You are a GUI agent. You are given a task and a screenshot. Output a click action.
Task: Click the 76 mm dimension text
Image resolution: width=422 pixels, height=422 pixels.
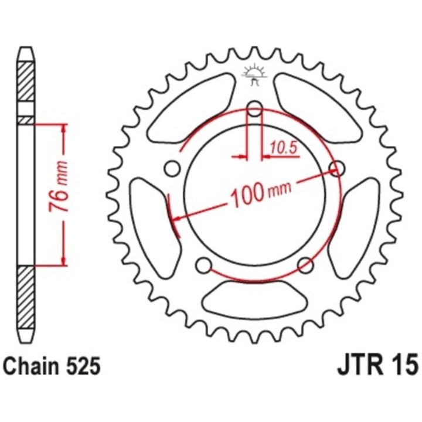point(59,186)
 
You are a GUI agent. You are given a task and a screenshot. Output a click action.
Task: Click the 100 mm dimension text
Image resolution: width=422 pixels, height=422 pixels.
point(261,191)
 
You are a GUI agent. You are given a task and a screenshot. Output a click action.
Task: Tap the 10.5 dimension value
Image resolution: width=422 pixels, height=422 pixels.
point(284,148)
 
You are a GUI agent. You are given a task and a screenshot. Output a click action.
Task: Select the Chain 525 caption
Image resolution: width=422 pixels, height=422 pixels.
point(52,366)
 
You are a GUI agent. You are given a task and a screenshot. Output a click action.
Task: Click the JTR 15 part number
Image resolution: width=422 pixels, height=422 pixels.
point(377,365)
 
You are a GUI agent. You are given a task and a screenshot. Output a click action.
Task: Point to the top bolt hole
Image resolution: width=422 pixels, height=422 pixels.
point(254,109)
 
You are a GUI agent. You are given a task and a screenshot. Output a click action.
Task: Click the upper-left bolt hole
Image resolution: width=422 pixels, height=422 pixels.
point(172,168)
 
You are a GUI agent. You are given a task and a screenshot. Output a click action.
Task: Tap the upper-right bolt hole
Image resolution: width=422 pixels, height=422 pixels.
point(337,168)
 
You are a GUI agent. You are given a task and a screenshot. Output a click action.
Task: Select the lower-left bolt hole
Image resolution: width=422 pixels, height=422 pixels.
point(204,266)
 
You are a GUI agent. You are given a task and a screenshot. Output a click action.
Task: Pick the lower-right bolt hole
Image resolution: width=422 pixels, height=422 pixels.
point(305,265)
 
